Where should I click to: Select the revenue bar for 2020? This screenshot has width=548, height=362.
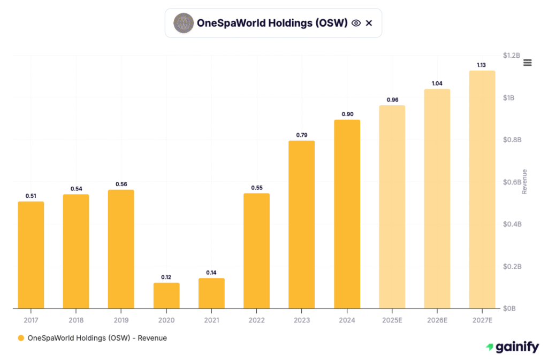[166, 295]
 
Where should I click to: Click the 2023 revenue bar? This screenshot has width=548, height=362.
[302, 225]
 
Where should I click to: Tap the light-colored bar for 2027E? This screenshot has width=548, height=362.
[482, 190]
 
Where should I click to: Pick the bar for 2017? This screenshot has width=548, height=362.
[31, 255]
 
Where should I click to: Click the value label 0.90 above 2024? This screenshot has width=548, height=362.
[347, 114]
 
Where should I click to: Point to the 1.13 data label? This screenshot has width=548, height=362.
[482, 65]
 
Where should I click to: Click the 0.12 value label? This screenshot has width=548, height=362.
[166, 277]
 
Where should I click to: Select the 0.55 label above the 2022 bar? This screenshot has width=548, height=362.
[257, 188]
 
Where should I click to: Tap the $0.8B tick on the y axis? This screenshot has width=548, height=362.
[512, 140]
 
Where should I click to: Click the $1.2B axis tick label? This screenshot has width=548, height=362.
[512, 56]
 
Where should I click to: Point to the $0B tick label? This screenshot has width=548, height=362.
[510, 309]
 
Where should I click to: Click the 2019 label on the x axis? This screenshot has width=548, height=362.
[121, 319]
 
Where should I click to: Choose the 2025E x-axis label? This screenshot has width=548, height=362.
[392, 319]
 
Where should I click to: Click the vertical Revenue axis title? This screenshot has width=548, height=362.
[524, 182]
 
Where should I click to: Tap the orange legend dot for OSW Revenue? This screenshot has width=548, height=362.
[21, 338]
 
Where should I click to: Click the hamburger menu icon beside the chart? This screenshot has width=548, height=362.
[527, 63]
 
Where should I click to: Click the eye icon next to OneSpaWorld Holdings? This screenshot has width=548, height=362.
[356, 23]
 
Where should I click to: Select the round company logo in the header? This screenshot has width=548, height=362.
[184, 23]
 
